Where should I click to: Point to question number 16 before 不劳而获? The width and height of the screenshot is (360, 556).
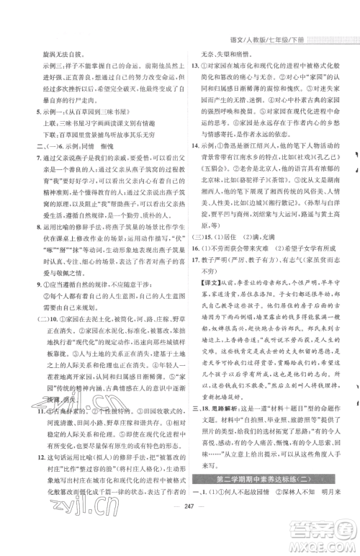point(195,288)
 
